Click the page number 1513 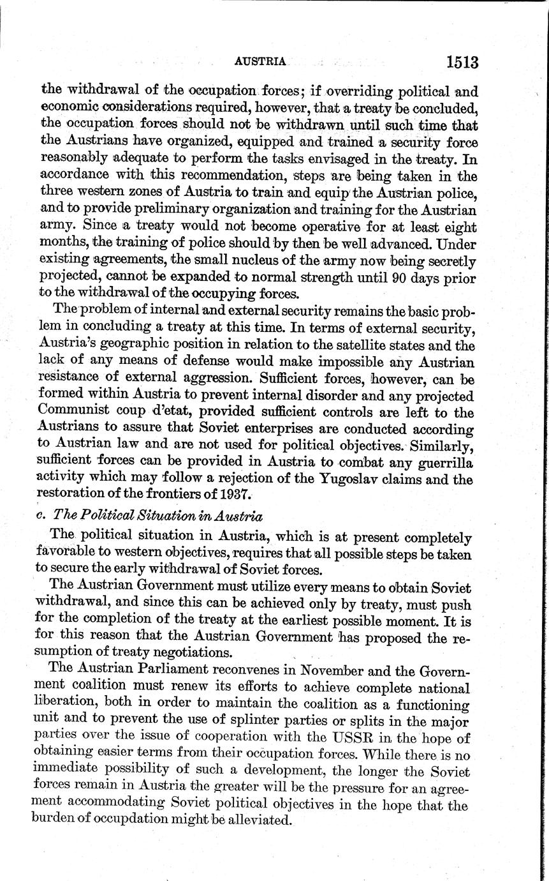462,62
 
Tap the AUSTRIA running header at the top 260,62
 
